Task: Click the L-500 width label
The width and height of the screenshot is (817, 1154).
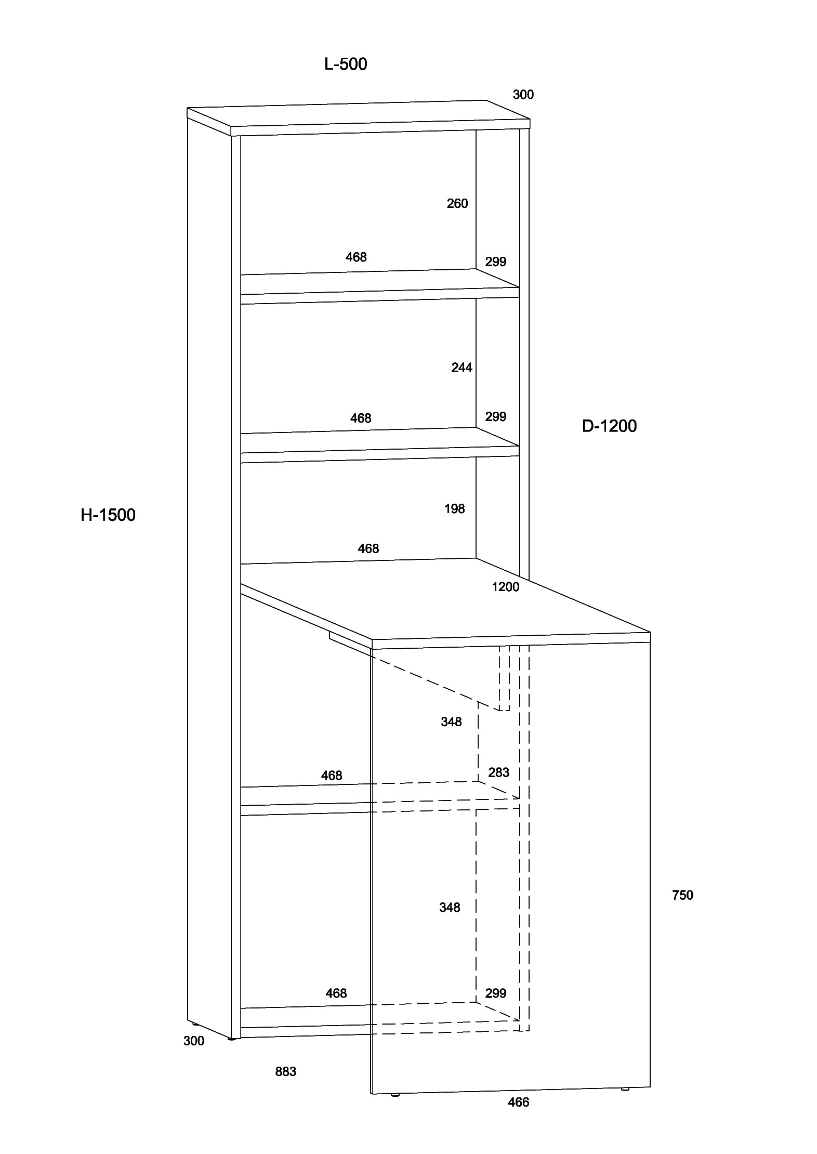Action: click(346, 64)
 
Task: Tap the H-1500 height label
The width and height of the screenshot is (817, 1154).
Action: click(108, 515)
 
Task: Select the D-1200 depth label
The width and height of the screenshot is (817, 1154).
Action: click(609, 426)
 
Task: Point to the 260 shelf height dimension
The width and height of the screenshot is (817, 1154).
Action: click(457, 203)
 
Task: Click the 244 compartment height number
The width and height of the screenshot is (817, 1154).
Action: click(462, 368)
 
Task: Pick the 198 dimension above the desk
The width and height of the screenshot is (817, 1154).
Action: click(454, 508)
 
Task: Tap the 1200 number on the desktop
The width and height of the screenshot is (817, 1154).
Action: click(506, 586)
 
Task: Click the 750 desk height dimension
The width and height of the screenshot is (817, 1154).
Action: click(682, 895)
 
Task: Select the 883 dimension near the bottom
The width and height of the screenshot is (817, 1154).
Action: click(285, 1071)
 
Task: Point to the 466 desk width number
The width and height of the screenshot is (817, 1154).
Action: click(518, 1101)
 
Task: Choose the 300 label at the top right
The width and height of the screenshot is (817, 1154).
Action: click(523, 95)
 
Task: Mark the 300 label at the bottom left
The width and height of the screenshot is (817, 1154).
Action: click(194, 1041)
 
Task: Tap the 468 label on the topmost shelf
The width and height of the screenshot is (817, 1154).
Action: click(356, 257)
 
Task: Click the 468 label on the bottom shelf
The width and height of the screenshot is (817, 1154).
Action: click(336, 993)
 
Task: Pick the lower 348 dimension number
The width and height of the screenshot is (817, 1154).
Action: click(450, 907)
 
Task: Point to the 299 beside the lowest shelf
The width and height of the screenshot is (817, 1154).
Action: click(495, 993)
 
